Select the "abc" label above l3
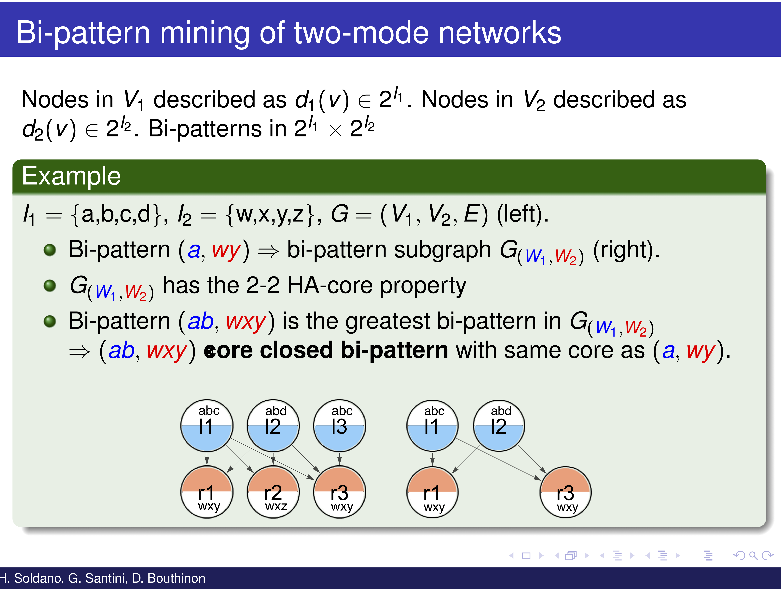coord(342,411)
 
